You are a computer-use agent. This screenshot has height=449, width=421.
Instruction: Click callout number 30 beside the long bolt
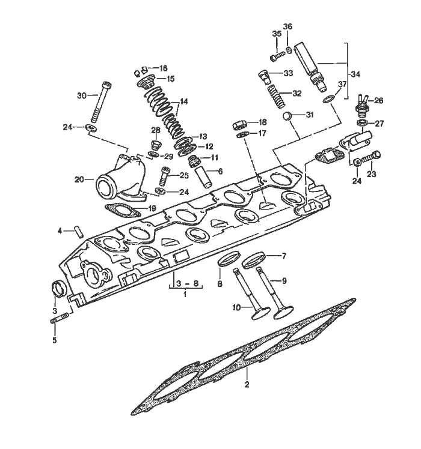(x=82, y=95)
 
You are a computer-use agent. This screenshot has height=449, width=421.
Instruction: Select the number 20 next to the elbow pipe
(x=79, y=179)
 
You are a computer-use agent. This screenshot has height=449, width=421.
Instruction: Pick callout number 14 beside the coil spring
(x=184, y=101)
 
